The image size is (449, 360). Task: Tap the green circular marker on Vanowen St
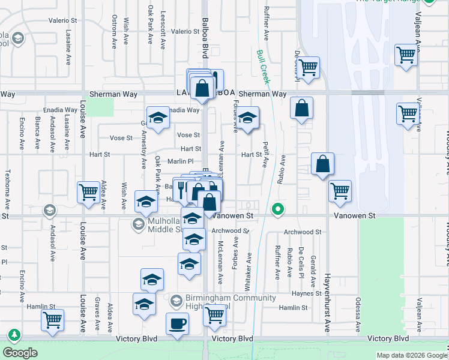pos(277,209)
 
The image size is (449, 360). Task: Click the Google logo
pos(20,352)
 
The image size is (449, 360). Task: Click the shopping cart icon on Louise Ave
pos(88,193)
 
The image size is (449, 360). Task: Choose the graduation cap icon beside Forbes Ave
pos(246,118)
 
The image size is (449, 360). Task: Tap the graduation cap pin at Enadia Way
pos(157,118)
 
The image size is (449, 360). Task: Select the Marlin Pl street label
pos(181,161)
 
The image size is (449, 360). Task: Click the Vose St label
pos(188,135)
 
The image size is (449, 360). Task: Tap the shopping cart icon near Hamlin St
pos(214,314)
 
